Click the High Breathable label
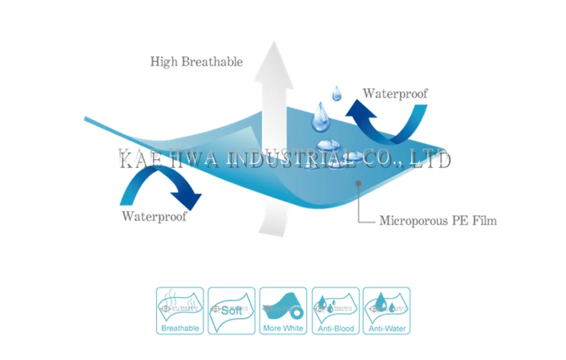[196, 61]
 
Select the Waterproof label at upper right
[395, 93]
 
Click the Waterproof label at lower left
[154, 216]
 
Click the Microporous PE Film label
[438, 220]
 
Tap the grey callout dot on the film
[358, 181]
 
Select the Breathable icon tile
[180, 311]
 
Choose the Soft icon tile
[232, 311]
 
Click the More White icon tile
[283, 311]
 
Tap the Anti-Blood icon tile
[335, 311]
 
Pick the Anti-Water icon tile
[387, 311]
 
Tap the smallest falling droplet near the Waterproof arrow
[337, 93]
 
